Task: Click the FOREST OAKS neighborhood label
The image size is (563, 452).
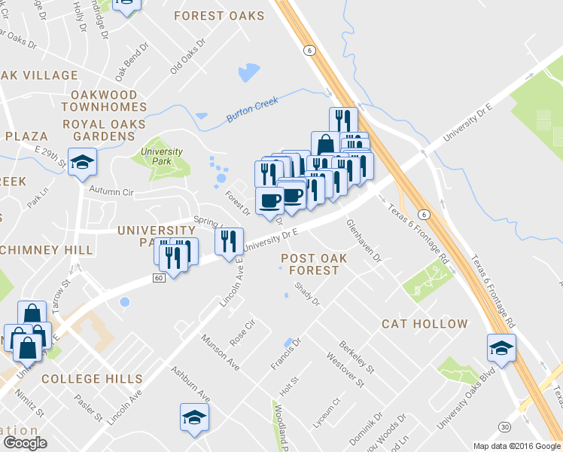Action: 219,16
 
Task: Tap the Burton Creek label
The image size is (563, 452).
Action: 252,110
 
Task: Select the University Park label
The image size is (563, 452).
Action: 162,156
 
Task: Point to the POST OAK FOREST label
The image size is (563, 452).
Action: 314,265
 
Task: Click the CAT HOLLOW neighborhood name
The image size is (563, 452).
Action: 425,324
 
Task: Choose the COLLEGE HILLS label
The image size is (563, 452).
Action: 92,378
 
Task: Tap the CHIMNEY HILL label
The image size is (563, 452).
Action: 47,249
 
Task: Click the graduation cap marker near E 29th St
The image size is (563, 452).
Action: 82,161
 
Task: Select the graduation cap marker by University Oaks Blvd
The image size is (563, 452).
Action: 501,347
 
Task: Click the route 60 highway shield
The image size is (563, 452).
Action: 158,278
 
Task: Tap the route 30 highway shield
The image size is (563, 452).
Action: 504,426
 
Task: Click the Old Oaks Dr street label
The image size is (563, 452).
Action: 187,56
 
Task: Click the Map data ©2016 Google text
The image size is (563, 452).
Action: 517,446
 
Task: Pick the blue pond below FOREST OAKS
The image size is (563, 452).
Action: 248,72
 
